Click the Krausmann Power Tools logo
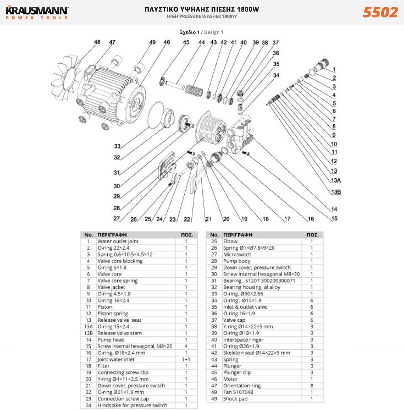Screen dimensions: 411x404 [x=37, y=12]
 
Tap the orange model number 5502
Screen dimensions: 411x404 [x=380, y=13]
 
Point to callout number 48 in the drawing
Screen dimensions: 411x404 [x=97, y=42]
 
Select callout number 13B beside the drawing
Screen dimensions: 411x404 [x=336, y=192]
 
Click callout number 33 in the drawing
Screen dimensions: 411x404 [x=117, y=146]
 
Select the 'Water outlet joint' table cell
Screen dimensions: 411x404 [x=118, y=241]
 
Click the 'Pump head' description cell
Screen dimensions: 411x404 [x=111, y=339]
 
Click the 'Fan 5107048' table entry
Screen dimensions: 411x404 [x=238, y=392]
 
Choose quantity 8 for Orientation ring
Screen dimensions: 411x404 [x=312, y=386]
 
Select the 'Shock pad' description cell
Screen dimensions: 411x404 [x=236, y=399]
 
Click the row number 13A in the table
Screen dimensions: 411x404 [x=88, y=326]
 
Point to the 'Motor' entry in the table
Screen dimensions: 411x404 [x=230, y=379]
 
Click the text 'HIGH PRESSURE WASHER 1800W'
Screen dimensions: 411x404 [x=202, y=17]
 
